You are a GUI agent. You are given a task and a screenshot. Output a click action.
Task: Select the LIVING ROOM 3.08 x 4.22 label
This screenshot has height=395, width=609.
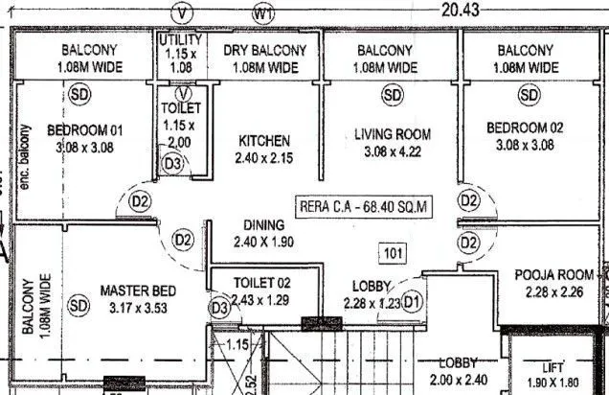[393, 143]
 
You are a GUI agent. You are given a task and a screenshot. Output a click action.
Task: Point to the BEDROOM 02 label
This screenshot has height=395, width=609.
[526, 136]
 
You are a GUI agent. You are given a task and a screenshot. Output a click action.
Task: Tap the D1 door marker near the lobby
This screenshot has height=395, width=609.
[413, 302]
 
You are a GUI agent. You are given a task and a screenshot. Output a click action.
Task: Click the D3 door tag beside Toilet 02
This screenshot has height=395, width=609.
[220, 308]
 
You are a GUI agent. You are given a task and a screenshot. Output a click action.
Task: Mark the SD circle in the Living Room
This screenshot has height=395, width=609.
[393, 94]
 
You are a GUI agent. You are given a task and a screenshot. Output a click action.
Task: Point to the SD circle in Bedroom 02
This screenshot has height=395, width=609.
[529, 94]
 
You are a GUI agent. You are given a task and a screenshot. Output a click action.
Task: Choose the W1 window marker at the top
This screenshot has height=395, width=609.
[263, 14]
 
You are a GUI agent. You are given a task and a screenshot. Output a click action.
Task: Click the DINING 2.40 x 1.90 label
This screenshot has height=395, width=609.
[262, 233]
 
